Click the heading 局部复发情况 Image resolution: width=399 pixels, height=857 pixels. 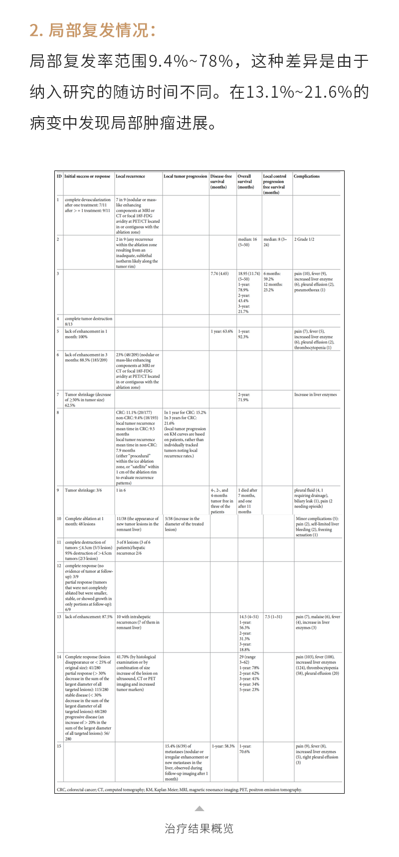pos(92,30)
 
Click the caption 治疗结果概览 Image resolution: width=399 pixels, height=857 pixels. pos(199,829)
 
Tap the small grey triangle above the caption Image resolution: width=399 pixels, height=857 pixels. pos(199,809)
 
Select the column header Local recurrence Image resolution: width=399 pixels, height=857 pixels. pos(130,176)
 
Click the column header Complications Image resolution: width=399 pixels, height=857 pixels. pos(307,176)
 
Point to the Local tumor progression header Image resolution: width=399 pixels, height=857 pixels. pos(186,176)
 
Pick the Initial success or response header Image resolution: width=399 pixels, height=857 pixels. pos(88,176)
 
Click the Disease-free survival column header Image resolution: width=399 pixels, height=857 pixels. pos(221,181)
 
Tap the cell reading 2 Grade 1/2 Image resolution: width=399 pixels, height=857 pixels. pos(304,239)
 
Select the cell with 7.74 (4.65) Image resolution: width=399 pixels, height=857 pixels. pos(219,274)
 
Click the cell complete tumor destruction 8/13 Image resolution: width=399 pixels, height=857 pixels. pos(88,321)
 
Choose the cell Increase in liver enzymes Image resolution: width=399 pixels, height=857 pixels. pos(315,395)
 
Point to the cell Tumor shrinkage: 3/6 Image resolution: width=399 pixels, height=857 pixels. pos(83,491)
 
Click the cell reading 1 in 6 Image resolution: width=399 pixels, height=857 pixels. pos(121,491)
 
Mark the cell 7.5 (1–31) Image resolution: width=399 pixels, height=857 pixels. pos(273,617)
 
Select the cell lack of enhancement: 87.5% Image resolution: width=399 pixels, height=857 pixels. pos(89,617)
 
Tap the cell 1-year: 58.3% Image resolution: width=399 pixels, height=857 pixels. pos(223,747)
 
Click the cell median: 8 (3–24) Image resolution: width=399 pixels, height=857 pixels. pos(275,242)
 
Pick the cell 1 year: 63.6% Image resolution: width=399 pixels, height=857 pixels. pos(221,332)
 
